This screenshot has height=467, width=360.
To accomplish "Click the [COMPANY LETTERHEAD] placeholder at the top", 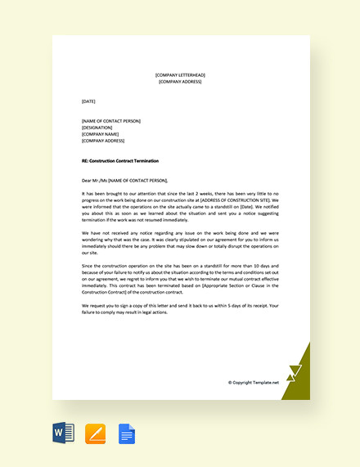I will click(x=180, y=74).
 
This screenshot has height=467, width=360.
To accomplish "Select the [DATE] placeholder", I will click(x=89, y=101).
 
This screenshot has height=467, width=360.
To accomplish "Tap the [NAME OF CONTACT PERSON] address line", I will click(x=111, y=121).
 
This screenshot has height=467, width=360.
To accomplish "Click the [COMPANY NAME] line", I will click(x=101, y=134).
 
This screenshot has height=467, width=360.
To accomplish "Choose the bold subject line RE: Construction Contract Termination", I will click(x=120, y=161).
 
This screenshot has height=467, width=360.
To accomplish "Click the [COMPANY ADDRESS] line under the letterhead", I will click(x=180, y=82).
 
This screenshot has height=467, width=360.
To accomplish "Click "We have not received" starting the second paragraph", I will click(x=103, y=233).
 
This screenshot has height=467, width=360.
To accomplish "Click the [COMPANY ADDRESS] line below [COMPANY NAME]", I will click(x=103, y=141).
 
